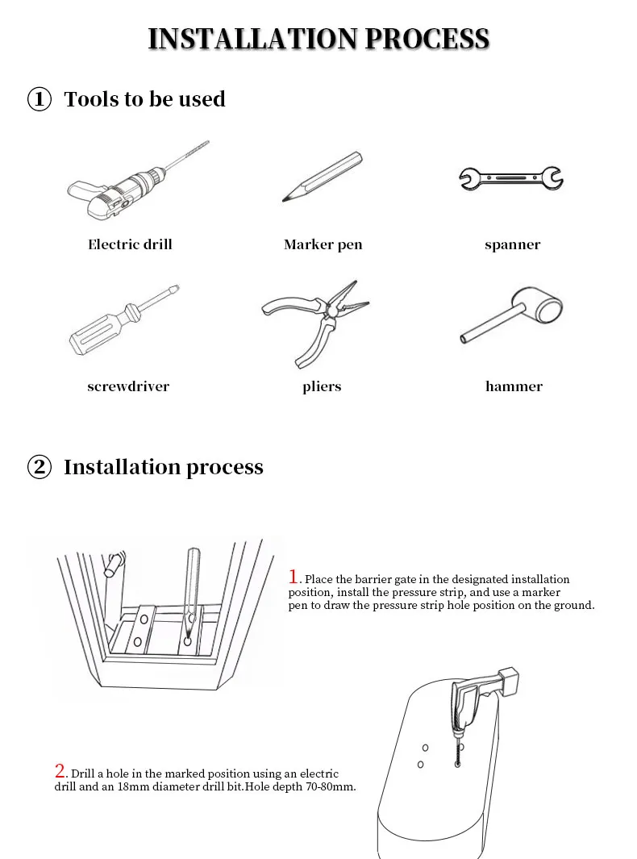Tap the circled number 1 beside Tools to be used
(x=40, y=100)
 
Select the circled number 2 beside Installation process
(x=40, y=468)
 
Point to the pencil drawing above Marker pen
(x=323, y=176)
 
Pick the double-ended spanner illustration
(x=511, y=177)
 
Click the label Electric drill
(x=130, y=244)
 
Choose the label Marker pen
(x=323, y=244)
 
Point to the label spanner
(x=512, y=244)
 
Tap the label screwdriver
(x=128, y=386)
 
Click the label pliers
(x=322, y=387)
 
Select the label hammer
(x=514, y=386)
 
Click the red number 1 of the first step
(x=294, y=577)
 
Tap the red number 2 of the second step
(x=60, y=770)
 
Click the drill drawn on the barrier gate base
(x=476, y=702)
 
